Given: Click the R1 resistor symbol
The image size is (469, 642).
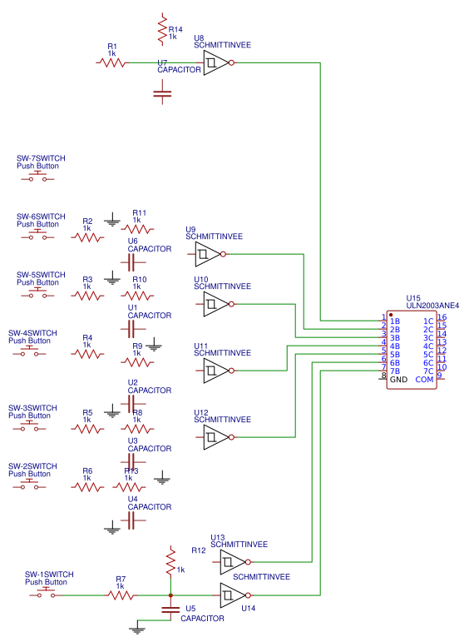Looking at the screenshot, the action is point(112,62).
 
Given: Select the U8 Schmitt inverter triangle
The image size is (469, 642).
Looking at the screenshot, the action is point(216,62).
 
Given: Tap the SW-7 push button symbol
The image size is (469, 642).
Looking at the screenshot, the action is point(37,177).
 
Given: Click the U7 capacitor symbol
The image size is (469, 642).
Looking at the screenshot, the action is point(162,92).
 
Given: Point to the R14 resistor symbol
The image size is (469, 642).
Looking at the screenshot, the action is point(162,29).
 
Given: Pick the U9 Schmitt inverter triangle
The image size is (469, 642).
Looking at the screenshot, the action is point(208,254).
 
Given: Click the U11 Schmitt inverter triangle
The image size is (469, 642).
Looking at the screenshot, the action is point(216,371).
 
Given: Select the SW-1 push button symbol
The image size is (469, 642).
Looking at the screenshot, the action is point(46,593).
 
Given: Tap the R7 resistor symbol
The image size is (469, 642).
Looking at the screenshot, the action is point(121,595).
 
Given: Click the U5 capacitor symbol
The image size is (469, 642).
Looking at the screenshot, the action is point(170,610).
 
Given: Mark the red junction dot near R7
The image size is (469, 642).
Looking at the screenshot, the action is point(170,595).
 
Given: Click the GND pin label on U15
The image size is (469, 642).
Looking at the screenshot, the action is point(398,380).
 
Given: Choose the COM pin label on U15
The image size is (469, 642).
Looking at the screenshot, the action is point(424,380).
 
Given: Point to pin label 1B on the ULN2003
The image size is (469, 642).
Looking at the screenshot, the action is point(395,321).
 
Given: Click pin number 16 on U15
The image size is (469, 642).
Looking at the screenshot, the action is point(442,317).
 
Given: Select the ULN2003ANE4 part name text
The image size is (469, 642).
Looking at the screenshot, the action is point(432,306).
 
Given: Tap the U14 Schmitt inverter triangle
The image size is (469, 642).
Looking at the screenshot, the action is point(233,595).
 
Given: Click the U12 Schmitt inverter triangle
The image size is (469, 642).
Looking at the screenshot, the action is point(216,437).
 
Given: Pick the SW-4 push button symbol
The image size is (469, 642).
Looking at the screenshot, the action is point(29,351).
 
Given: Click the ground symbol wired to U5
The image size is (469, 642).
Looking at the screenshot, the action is point(137,630).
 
